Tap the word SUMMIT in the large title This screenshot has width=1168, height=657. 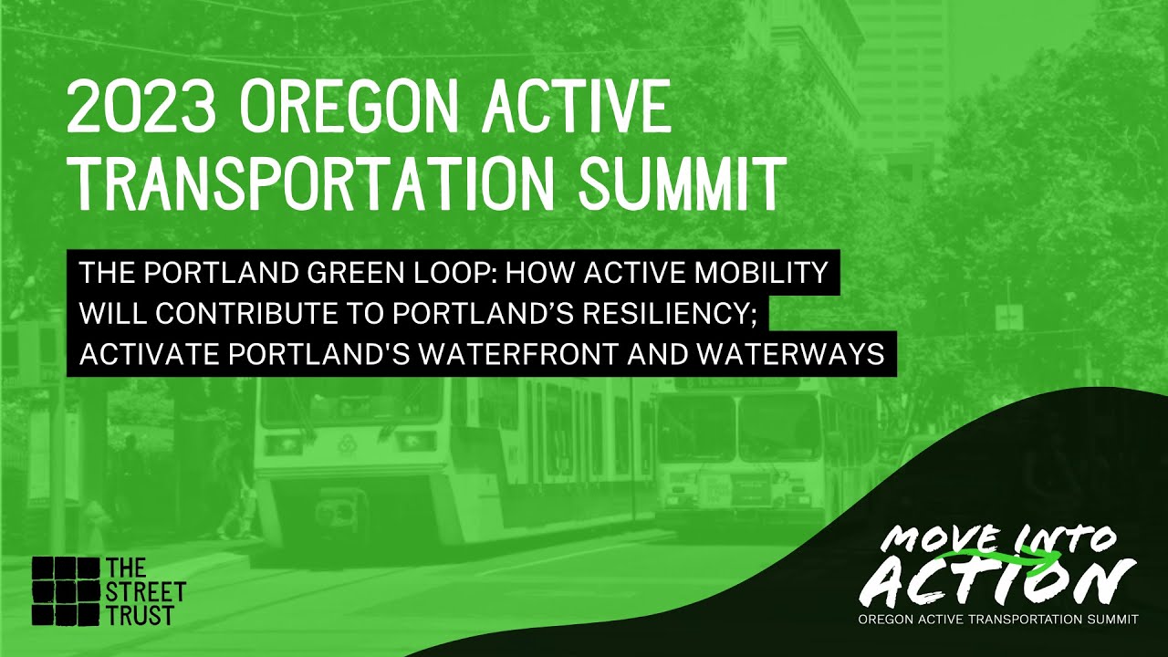(682, 183)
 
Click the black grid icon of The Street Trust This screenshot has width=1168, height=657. (66, 592)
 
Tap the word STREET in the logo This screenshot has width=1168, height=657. (146, 592)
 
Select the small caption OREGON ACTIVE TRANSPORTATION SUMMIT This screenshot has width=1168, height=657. (998, 620)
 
